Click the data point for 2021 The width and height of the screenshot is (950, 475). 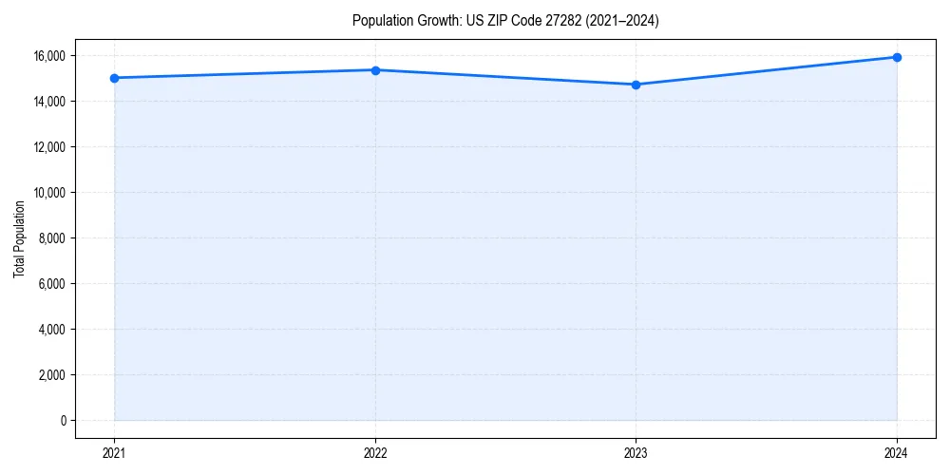click(114, 78)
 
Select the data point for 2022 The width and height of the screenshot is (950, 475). click(375, 70)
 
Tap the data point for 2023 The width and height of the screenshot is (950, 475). click(636, 85)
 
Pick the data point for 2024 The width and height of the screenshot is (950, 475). click(897, 57)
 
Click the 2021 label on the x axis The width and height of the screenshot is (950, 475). click(114, 452)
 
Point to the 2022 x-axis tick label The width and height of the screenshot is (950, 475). click(375, 452)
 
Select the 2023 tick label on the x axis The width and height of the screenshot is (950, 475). click(636, 452)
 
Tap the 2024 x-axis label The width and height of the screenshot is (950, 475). click(897, 452)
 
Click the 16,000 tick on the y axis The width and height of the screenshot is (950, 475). click(49, 56)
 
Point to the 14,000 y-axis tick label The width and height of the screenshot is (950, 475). click(49, 102)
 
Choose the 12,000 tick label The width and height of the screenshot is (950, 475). click(49, 147)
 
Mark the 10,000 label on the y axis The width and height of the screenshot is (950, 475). click(49, 193)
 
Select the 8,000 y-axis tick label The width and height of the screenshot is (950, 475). click(52, 238)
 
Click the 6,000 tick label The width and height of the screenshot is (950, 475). click(52, 284)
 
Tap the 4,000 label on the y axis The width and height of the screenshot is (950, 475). click(52, 330)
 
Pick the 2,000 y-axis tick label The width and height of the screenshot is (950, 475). click(52, 375)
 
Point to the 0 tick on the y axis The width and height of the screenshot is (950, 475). click(64, 421)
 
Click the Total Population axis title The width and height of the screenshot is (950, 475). click(19, 238)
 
